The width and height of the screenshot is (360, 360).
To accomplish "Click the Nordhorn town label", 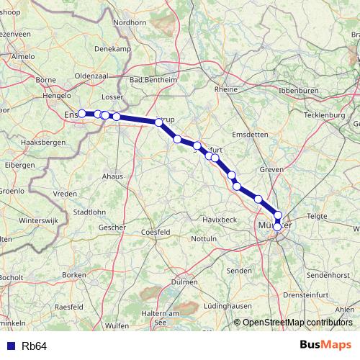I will pyautogui.click(x=130, y=22).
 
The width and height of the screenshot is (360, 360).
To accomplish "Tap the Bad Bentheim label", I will pyautogui.click(x=152, y=80).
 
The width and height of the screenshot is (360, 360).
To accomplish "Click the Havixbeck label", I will pyautogui.click(x=220, y=218).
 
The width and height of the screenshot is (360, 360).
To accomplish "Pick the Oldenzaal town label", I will pyautogui.click(x=91, y=76).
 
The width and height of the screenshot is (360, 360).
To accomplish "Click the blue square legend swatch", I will pyautogui.click(x=11, y=346).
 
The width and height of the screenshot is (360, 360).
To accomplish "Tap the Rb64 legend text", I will pyautogui.click(x=35, y=346).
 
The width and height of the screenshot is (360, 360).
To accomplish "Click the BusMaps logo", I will pyautogui.click(x=326, y=345).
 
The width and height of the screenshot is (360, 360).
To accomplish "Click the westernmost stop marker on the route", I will pyautogui.click(x=82, y=113).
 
